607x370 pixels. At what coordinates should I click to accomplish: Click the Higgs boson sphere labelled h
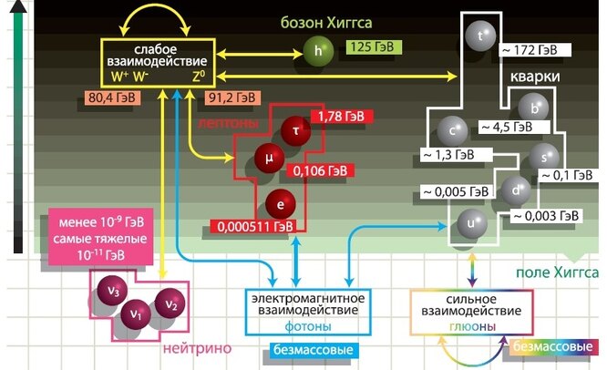(x=317, y=51)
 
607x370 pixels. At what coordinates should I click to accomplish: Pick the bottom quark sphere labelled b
(x=539, y=108)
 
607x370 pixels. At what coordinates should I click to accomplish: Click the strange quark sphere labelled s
(x=544, y=154)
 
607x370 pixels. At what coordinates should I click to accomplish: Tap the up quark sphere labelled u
(x=471, y=222)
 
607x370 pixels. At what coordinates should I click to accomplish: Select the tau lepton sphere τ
(x=294, y=128)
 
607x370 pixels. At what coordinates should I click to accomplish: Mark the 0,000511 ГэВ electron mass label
(x=253, y=225)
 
